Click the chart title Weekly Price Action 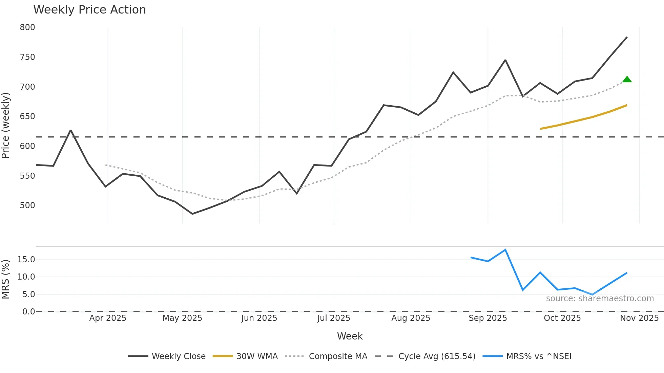[89, 10]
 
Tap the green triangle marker [627, 80]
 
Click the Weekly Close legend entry [167, 356]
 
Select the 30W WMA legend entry [245, 356]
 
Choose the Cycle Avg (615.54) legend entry [425, 356]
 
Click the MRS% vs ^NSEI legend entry [527, 356]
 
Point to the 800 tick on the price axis [27, 27]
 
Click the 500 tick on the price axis [27, 205]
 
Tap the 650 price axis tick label [27, 116]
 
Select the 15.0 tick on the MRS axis [26, 260]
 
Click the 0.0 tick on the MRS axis [28, 311]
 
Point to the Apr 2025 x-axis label [108, 318]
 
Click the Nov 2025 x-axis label [639, 318]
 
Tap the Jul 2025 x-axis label [334, 318]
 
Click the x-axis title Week [350, 336]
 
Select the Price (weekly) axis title [5, 125]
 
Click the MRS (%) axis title [5, 279]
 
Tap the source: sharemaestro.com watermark [600, 299]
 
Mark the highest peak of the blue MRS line [505, 250]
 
